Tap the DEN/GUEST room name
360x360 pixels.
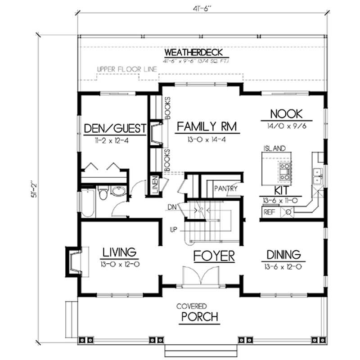[x=115, y=129]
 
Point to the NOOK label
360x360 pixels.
[x=286, y=113]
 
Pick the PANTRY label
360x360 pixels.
[x=225, y=189]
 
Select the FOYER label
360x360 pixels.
[x=214, y=256]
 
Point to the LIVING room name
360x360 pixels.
[x=119, y=251]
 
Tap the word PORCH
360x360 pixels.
[x=200, y=317]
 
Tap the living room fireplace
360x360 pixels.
[x=75, y=261]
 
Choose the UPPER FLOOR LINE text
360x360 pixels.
[x=126, y=70]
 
